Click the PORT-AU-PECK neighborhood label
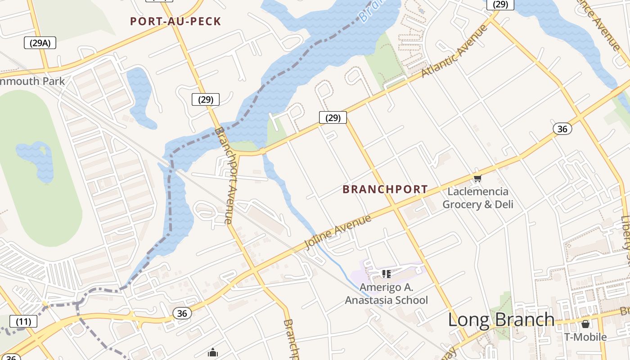pos(175,21)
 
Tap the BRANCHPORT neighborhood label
pos(385,189)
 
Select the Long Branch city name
pos(501,319)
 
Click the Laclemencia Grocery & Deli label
pos(478,198)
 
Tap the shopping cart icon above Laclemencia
pos(477,179)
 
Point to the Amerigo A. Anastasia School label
pos(387,294)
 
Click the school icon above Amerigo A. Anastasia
pos(386,273)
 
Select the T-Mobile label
pos(585,337)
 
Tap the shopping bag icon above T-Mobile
pos(585,324)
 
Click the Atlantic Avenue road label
pos(454,51)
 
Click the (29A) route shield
pos(40,43)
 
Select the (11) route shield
pos(23,321)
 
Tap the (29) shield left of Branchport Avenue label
pos(206,99)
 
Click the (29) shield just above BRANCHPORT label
pos(333,117)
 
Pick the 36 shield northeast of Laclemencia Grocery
pos(562,129)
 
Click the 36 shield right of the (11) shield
pos(182,313)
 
